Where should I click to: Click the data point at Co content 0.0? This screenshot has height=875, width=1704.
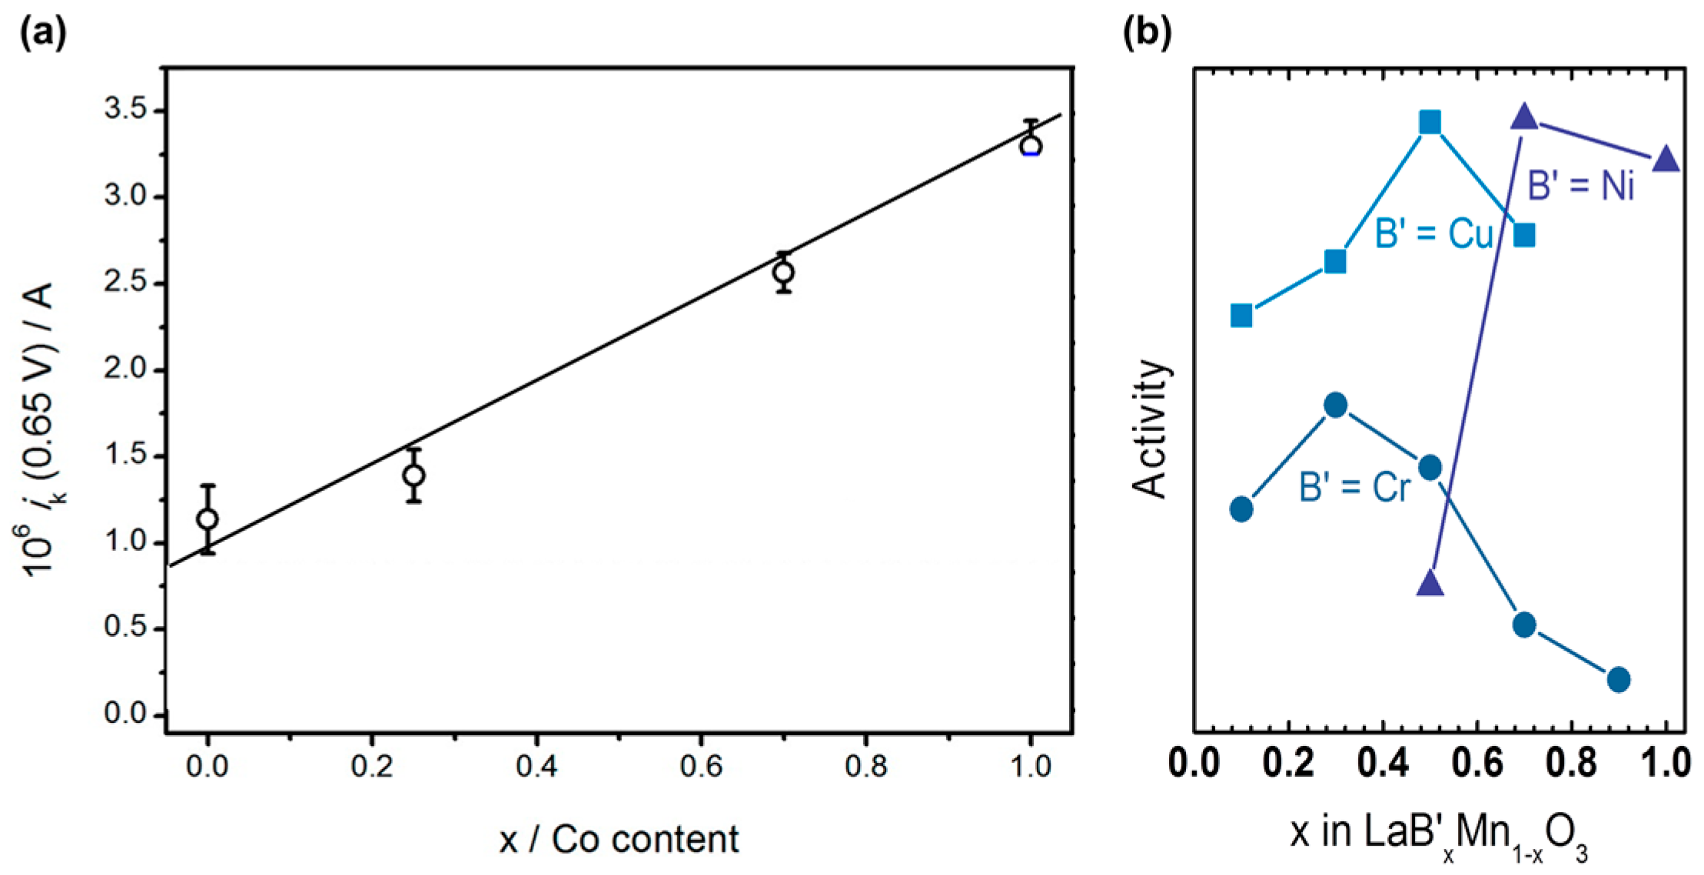207,519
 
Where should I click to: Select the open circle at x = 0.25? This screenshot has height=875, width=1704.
414,476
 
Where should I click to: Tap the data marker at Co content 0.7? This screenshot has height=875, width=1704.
783,272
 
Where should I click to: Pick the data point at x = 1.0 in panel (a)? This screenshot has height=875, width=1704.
1031,146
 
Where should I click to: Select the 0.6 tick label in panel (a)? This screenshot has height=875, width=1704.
701,766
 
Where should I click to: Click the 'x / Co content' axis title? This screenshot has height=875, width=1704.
618,839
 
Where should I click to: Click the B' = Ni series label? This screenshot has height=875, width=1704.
1580,187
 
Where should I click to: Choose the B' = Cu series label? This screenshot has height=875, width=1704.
1433,234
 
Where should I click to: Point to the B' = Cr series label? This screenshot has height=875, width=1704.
1354,487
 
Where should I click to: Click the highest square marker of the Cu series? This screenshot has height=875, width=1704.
1430,122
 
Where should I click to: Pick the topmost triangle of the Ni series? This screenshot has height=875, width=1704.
1524,118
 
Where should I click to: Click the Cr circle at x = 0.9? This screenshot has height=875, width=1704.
1619,679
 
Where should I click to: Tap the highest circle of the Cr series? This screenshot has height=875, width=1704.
1336,405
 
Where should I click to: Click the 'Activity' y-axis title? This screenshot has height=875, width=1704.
1151,429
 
